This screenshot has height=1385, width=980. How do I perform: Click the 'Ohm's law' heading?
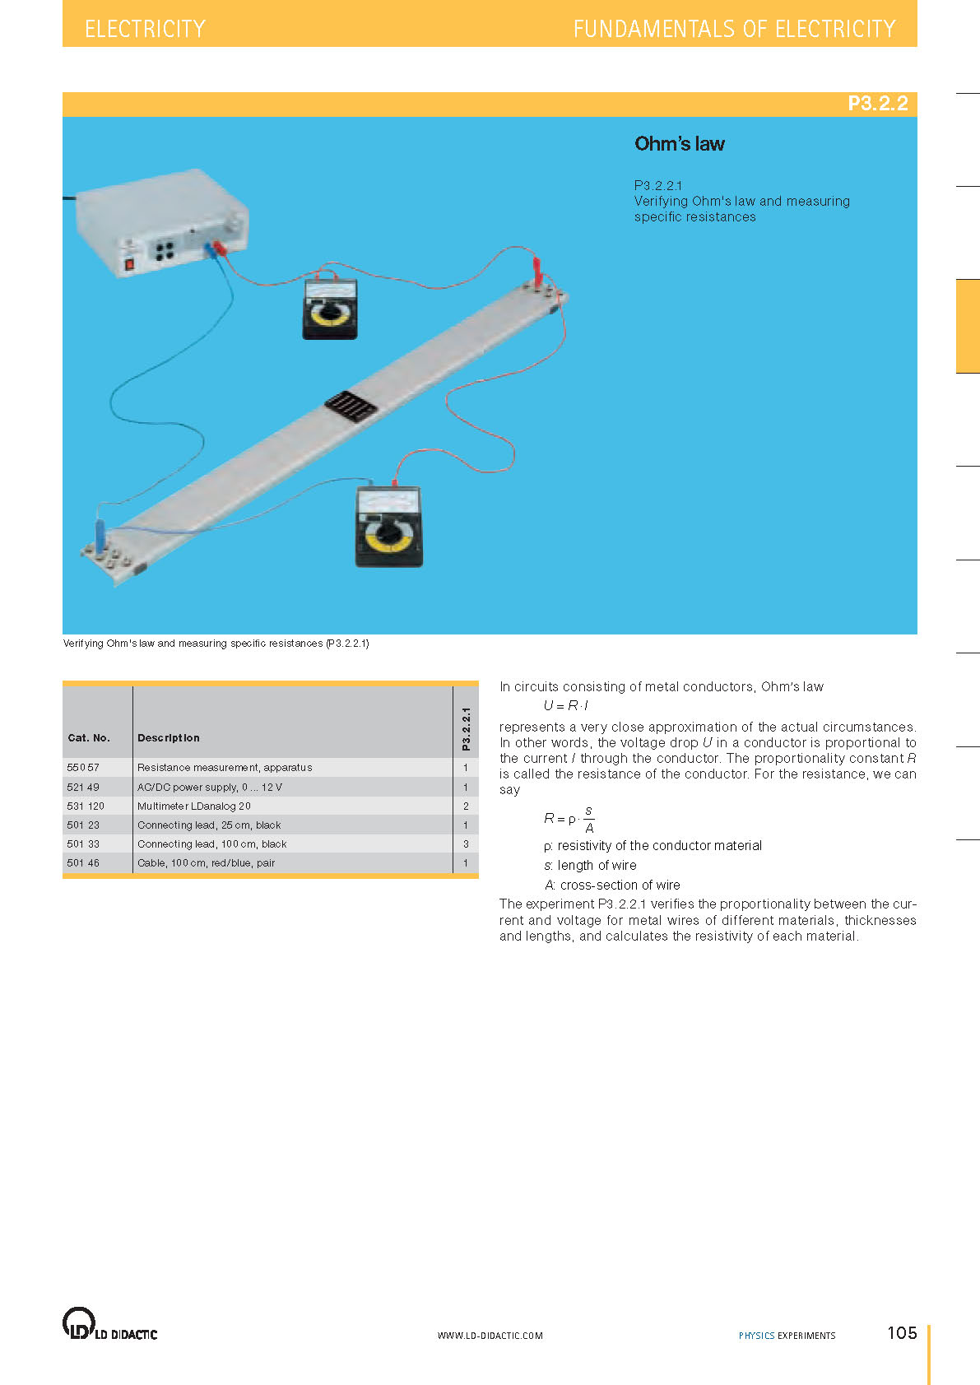679,144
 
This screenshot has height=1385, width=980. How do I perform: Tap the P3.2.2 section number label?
877,104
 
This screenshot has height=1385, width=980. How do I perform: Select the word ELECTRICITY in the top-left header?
145,29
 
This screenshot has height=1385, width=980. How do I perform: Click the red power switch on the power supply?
128,265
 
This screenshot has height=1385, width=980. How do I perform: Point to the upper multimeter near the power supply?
330,309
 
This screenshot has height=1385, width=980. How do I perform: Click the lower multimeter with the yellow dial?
388,527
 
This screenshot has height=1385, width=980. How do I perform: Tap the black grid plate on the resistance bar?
351,407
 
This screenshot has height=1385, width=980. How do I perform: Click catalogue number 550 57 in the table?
83,768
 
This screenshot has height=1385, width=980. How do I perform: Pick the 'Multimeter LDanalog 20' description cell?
194,806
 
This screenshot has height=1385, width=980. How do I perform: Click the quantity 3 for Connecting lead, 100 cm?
466,844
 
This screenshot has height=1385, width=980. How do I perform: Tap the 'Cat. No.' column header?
89,738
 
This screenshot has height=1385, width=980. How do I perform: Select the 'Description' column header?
169,738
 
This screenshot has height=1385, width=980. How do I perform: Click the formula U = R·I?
565,706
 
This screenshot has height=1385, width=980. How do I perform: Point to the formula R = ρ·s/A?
569,819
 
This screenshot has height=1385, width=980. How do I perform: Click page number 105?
902,1333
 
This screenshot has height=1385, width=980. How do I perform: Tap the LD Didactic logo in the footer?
109,1325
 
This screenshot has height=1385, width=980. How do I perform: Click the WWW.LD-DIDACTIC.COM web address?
490,1336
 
